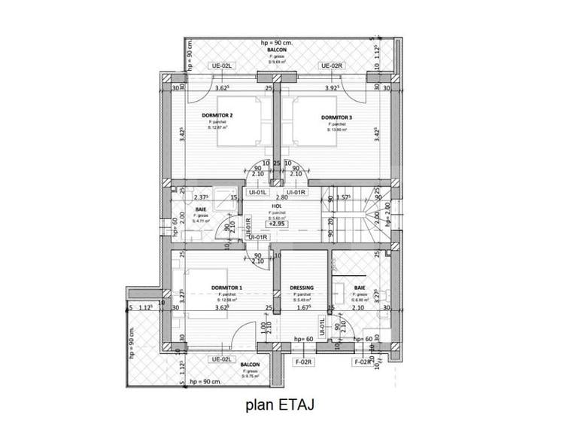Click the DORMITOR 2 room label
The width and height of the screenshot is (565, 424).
coord(217,115)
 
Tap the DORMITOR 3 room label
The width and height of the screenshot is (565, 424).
coord(336,117)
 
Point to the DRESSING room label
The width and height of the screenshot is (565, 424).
coord(301,288)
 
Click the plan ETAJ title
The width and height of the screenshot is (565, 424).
coord(282,404)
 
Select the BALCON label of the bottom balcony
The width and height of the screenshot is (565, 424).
coord(251,365)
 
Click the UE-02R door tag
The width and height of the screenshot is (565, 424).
coord(333,66)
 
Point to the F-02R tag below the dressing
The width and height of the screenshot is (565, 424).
coord(304,361)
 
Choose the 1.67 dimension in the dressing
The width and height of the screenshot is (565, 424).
coord(302,307)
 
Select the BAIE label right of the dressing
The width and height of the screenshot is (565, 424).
coord(358,288)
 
